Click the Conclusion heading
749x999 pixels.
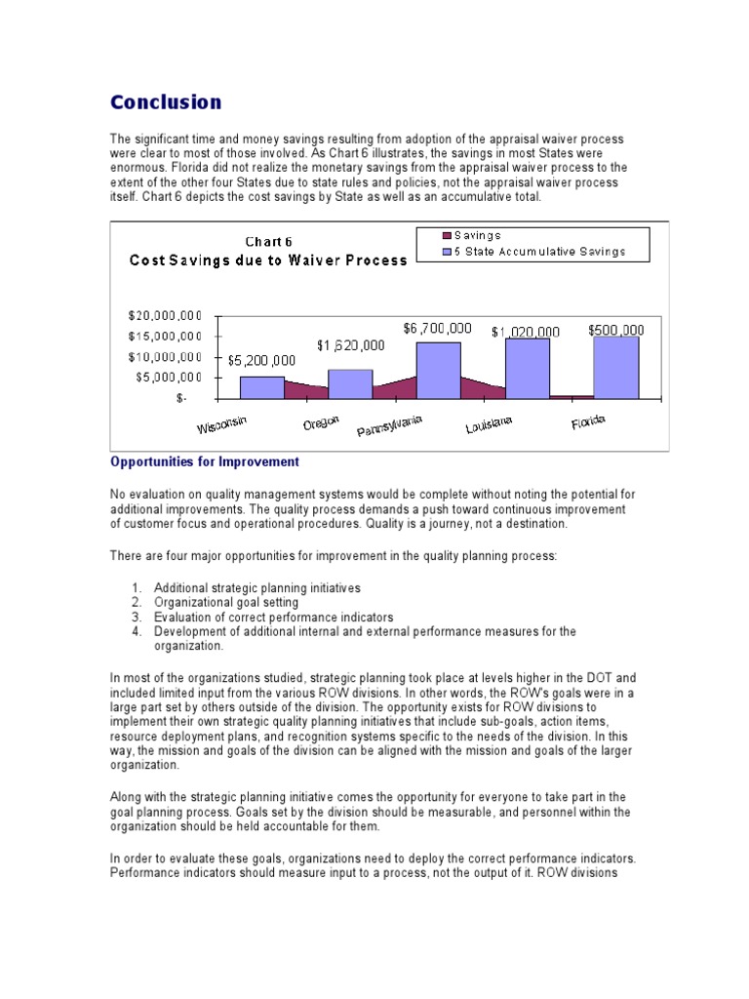[x=166, y=101]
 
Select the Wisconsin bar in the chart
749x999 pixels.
[x=262, y=387]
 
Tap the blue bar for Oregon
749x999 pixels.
[x=350, y=383]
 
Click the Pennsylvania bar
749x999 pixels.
[x=439, y=370]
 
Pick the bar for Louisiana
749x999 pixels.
[x=527, y=368]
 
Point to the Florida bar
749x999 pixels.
[x=615, y=367]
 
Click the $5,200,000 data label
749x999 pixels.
[x=261, y=360]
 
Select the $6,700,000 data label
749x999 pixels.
[x=437, y=329]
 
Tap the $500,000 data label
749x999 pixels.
[x=615, y=331]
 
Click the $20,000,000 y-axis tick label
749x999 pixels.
[x=164, y=316]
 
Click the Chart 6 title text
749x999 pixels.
[x=268, y=242]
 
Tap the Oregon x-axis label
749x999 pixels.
[x=321, y=421]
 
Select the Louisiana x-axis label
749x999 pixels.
[x=490, y=425]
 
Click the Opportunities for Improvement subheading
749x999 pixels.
[x=205, y=461]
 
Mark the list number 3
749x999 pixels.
[x=137, y=618]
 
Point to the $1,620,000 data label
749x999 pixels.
[x=350, y=345]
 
